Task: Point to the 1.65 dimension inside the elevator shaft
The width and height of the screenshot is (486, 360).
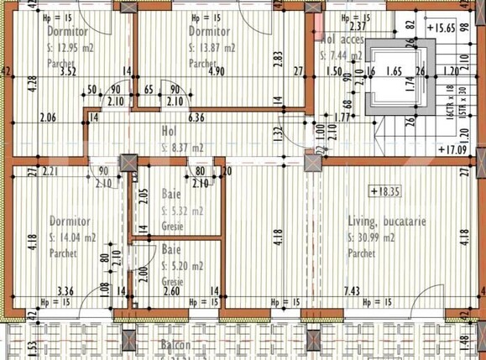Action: pyautogui.click(x=395, y=72)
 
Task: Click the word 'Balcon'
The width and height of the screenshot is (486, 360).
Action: pyautogui.click(x=178, y=345)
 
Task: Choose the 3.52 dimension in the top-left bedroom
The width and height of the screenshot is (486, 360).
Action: pyautogui.click(x=69, y=71)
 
